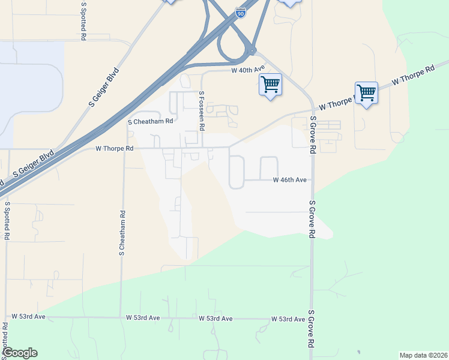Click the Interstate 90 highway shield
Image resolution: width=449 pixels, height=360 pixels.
pos(240,13)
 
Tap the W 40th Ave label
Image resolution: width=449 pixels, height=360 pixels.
pos(248,70)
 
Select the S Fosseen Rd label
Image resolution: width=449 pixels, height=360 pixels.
pos(202,111)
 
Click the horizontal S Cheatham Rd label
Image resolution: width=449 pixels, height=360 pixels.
pos(151,121)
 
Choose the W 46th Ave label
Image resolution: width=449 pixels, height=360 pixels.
pos(290,179)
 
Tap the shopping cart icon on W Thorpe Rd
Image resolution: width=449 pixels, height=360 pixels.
pos(366,93)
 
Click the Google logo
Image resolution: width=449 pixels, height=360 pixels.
pos(20,353)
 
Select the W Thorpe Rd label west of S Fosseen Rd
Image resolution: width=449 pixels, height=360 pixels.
pos(114,148)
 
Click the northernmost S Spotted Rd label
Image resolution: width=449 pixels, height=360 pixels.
pos(82,21)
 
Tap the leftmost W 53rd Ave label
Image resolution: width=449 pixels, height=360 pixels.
pos(28,316)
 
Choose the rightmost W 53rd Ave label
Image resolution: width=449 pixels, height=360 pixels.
pos(288,319)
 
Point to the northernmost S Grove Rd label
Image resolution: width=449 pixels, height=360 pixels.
pos(313,136)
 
